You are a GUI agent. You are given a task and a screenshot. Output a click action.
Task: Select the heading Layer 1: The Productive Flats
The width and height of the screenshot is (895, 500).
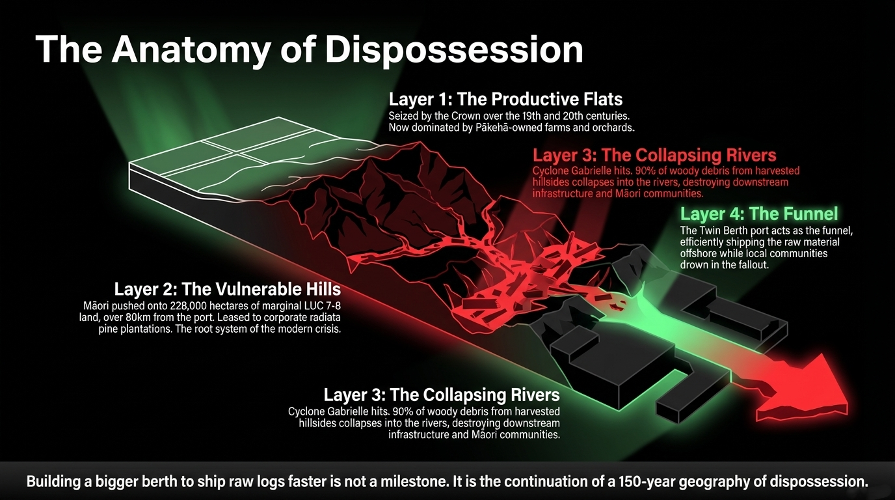click(x=505, y=99)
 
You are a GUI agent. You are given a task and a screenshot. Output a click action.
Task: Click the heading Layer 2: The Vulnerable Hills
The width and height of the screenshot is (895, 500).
click(x=227, y=289)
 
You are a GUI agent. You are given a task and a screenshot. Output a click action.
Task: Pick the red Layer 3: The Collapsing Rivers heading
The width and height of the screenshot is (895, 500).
click(x=654, y=156)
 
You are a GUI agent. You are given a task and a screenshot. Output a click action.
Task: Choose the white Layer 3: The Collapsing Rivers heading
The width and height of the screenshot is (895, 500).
click(x=442, y=395)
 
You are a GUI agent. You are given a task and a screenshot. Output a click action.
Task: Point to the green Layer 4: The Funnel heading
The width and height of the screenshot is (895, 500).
click(x=759, y=214)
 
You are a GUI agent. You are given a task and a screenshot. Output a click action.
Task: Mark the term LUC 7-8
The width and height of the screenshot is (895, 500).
click(x=320, y=306)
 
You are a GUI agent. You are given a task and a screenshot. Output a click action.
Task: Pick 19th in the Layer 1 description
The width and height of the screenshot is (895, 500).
click(x=517, y=116)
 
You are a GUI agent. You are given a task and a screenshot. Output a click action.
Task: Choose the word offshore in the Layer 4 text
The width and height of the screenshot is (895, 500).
click(x=700, y=253)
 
